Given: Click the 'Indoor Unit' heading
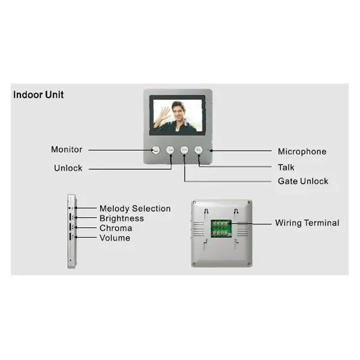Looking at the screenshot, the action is pyautogui.click(x=38, y=95).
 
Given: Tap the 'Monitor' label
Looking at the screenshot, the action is pyautogui.click(x=67, y=149).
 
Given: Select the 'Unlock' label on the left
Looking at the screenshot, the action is pyautogui.click(x=68, y=168).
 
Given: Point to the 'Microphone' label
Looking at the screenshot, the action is pyautogui.click(x=302, y=152).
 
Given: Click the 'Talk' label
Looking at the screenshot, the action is pyautogui.click(x=286, y=167).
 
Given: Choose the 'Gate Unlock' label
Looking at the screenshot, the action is pyautogui.click(x=303, y=181).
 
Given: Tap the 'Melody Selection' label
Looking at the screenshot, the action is pyautogui.click(x=135, y=208).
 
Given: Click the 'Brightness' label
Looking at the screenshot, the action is pyautogui.click(x=122, y=218).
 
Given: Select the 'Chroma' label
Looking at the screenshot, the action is pyautogui.click(x=116, y=228).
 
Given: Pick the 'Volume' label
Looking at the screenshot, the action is pyautogui.click(x=115, y=238).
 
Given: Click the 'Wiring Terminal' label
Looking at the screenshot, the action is pyautogui.click(x=307, y=223).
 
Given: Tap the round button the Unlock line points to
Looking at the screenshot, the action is pyautogui.click(x=170, y=150).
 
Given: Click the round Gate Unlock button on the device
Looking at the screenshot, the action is pyautogui.click(x=184, y=150).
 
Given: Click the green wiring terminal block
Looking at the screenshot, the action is pyautogui.click(x=221, y=229).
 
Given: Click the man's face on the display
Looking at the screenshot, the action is pyautogui.click(x=178, y=110).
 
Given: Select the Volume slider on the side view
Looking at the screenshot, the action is pyautogui.click(x=70, y=237).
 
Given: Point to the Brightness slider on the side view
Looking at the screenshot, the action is pyautogui.click(x=70, y=217).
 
